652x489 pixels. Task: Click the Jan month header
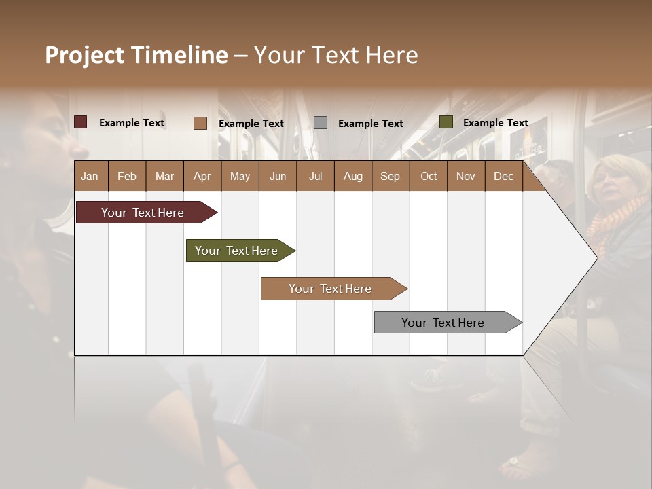[x=90, y=176]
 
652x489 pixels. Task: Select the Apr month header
[x=202, y=176]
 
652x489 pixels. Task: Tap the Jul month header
[x=315, y=176]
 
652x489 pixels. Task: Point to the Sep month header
[x=390, y=176]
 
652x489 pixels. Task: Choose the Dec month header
[x=503, y=176]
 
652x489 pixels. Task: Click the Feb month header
[x=127, y=176]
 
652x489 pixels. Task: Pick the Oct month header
[x=429, y=176]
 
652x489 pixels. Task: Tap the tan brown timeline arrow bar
[x=331, y=289]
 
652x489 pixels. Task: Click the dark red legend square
[x=81, y=122]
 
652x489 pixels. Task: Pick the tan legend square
[x=200, y=123]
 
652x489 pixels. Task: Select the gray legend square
[x=321, y=122]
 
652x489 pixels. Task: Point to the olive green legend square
[x=446, y=122]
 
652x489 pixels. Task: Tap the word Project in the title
[x=84, y=55]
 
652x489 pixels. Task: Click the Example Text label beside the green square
[x=495, y=123]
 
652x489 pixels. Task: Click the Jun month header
[x=278, y=176]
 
